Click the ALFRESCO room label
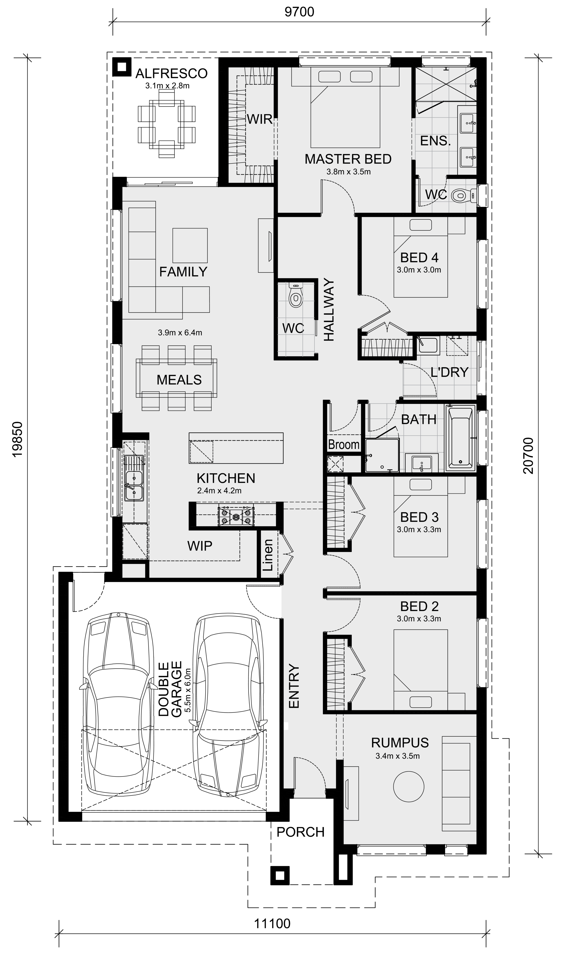tap(172, 73)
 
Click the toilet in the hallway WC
tap(295, 294)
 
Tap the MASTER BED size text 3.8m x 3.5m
tap(348, 171)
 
